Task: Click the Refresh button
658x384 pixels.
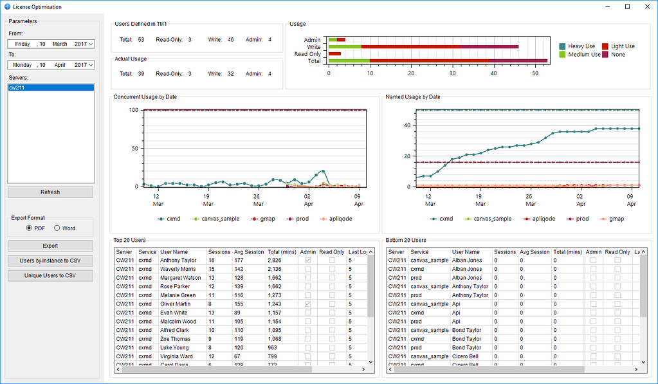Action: (x=50, y=192)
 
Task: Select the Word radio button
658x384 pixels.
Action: (x=57, y=228)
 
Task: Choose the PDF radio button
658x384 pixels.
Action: (x=29, y=228)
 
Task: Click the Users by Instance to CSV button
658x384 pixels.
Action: (x=50, y=261)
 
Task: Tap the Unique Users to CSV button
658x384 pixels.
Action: (x=50, y=276)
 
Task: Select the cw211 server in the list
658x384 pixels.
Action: (x=50, y=87)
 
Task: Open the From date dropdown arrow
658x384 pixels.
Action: (x=91, y=44)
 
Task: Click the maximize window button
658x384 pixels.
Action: (x=627, y=7)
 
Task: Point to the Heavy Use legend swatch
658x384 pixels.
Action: (x=562, y=46)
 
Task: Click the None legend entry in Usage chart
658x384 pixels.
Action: (x=617, y=55)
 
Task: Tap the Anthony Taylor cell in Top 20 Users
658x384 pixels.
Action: (x=178, y=261)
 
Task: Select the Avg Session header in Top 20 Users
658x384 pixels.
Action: (x=248, y=252)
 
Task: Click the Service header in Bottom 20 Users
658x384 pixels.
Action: (x=419, y=252)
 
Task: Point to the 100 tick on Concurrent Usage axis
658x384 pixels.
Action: (x=134, y=110)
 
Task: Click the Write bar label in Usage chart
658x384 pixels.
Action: (x=313, y=47)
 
